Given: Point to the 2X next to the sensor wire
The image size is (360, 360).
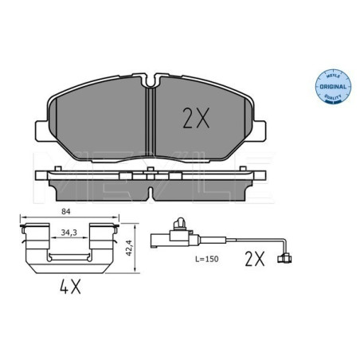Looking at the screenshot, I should [253, 259].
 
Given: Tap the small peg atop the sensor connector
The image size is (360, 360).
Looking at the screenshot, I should [181, 225].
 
